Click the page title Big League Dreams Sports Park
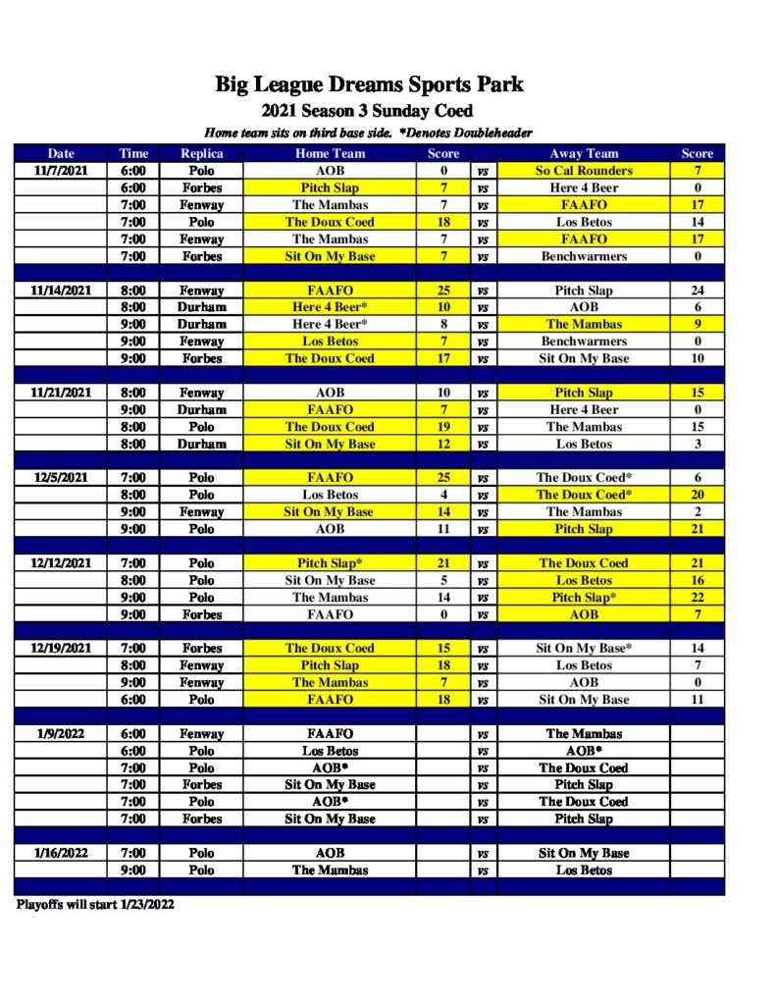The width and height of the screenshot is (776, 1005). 369,83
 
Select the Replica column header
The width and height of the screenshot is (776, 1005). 201,153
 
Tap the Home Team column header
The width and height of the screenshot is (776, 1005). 330,153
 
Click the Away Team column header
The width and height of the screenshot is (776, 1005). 584,153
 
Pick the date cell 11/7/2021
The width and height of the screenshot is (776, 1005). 61,171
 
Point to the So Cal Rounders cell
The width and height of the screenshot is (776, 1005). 584,171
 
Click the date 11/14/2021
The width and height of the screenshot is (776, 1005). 61,291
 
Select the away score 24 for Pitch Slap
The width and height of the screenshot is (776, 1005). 698,291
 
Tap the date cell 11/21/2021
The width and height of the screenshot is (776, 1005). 61,393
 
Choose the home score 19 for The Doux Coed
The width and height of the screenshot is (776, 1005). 443,427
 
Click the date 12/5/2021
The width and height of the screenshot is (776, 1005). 61,478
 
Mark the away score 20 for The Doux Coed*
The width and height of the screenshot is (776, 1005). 698,495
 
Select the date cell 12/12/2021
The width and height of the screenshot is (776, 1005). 61,563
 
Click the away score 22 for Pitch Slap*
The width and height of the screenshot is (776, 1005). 698,598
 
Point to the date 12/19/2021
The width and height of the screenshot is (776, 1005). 61,649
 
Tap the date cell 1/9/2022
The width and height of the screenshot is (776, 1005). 61,733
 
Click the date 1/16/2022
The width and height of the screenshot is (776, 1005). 61,853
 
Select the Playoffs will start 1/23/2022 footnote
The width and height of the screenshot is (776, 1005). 95,904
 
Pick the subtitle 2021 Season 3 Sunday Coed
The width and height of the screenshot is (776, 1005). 368,111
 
